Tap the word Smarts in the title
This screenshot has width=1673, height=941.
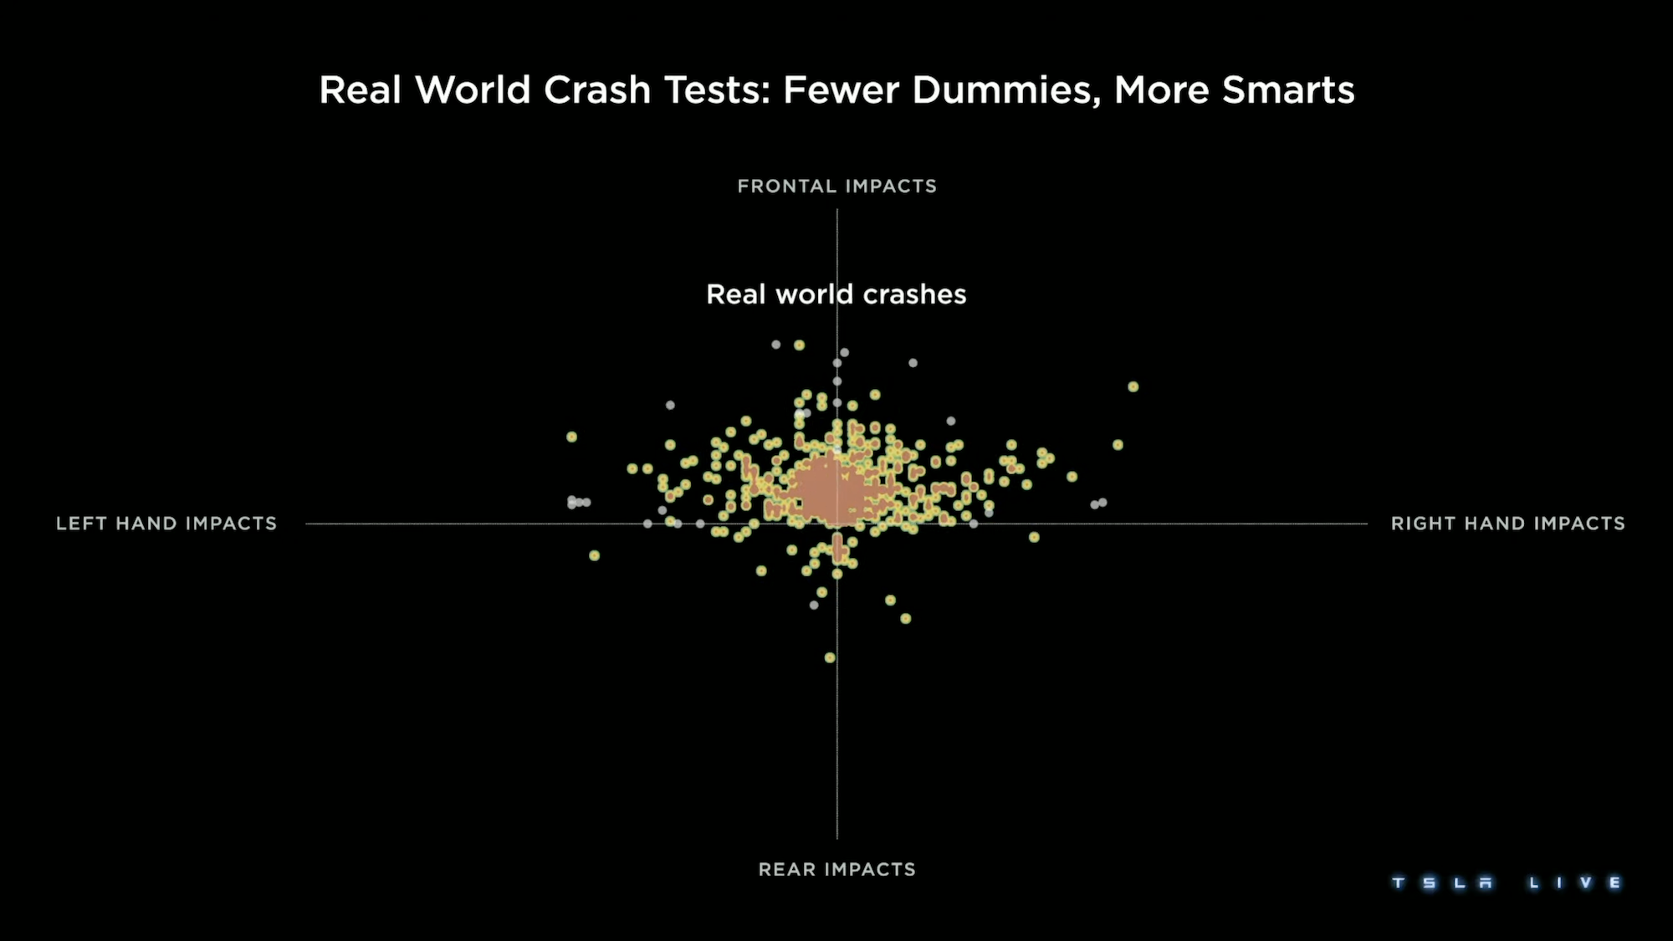click(1288, 90)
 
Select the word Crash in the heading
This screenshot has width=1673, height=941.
click(597, 90)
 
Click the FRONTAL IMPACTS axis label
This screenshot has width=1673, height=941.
click(836, 186)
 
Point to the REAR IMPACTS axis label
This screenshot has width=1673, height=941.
click(836, 869)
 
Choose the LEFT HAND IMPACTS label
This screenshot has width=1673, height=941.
click(166, 524)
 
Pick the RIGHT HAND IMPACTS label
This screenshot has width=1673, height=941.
click(1507, 524)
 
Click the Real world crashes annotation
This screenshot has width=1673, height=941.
click(836, 294)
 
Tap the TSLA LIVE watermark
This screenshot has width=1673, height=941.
click(1506, 882)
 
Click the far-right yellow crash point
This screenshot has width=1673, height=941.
click(1133, 386)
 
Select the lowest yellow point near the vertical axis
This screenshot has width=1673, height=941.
click(830, 657)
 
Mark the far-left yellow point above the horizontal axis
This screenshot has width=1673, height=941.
click(572, 437)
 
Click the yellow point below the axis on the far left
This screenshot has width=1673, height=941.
click(595, 555)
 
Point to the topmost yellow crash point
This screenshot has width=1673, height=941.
click(799, 345)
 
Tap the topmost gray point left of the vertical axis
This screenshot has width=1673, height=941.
click(776, 345)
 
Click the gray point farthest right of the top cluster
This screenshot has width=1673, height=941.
click(913, 363)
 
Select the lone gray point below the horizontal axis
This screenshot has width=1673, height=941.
click(814, 605)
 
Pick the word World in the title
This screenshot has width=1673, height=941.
click(473, 90)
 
